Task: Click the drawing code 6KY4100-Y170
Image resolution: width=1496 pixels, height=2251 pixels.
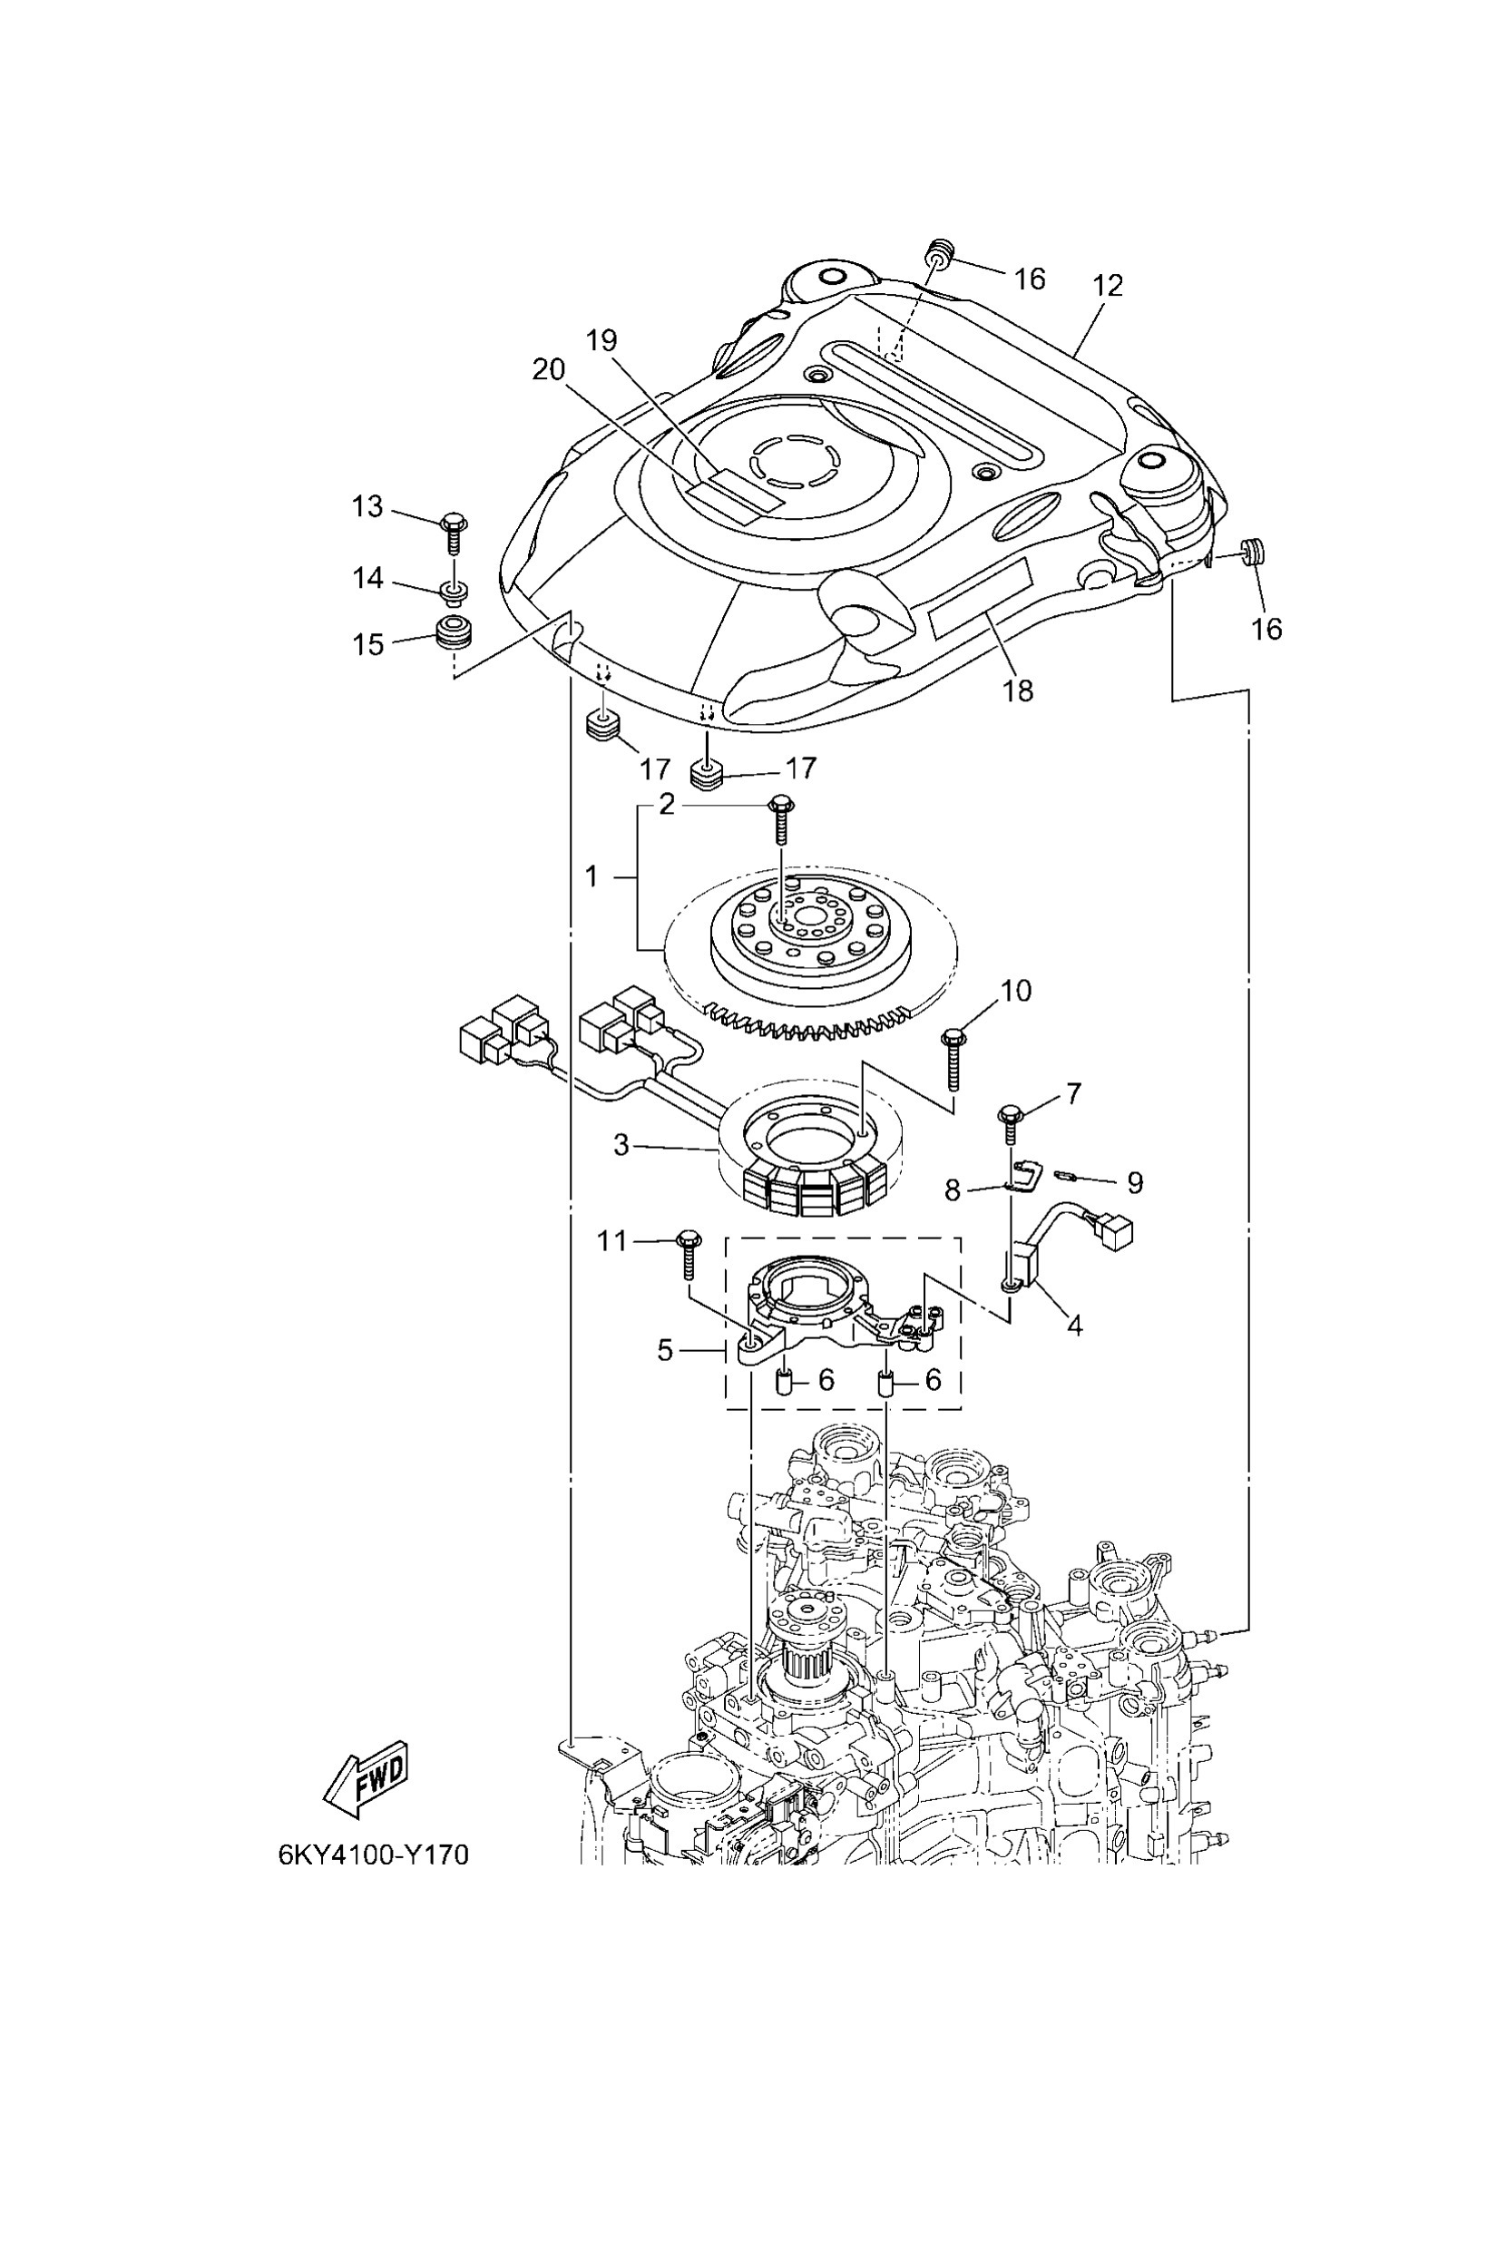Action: pos(373,1854)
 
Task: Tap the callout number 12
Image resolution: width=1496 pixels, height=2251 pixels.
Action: pos(1108,284)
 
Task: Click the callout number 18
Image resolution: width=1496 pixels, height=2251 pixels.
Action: pos(1019,690)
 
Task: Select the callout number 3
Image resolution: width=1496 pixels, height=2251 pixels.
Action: pos(621,1144)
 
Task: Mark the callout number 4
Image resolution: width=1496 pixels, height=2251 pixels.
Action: pos(1074,1325)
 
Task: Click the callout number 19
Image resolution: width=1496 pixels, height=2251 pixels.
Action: pos(602,339)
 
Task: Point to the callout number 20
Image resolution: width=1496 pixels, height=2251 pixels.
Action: pos(549,369)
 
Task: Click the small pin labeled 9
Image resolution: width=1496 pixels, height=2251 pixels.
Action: pos(1066,1177)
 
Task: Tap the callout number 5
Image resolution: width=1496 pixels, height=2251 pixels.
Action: pos(665,1350)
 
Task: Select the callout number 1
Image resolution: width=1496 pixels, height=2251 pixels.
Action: pos(592,875)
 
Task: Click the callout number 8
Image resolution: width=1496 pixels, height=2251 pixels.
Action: pos(953,1189)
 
